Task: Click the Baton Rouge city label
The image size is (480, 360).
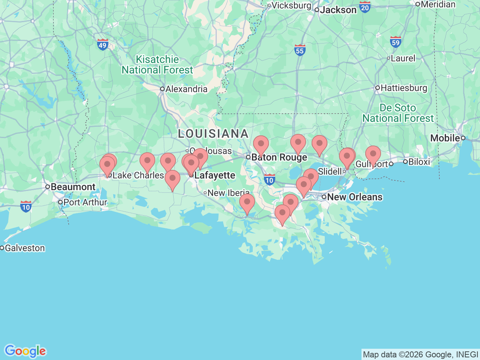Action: (x=279, y=157)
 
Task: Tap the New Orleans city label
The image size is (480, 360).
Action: (x=354, y=197)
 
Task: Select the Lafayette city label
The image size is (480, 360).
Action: (x=214, y=175)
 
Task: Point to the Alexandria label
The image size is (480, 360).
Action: (x=186, y=89)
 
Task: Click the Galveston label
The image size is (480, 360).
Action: (x=25, y=248)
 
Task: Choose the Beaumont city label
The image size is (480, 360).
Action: (x=73, y=187)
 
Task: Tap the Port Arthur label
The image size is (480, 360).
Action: (x=85, y=202)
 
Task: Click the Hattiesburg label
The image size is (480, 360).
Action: (x=404, y=88)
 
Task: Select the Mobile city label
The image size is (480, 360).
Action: (x=445, y=138)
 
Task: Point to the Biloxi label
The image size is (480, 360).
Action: (x=419, y=162)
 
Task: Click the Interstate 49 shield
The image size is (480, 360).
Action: (x=102, y=45)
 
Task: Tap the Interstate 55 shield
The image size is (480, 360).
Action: (x=300, y=50)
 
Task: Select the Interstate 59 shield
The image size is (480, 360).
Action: (x=396, y=42)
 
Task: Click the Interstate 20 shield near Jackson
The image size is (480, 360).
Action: (x=365, y=7)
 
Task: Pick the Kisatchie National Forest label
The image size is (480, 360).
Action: (x=157, y=65)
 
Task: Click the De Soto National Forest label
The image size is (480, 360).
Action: (x=398, y=113)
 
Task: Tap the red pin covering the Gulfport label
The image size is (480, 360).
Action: (x=373, y=154)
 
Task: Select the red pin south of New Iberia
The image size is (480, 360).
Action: (x=247, y=202)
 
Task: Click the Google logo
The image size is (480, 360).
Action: (x=25, y=351)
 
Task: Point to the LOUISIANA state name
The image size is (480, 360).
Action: (x=213, y=133)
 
